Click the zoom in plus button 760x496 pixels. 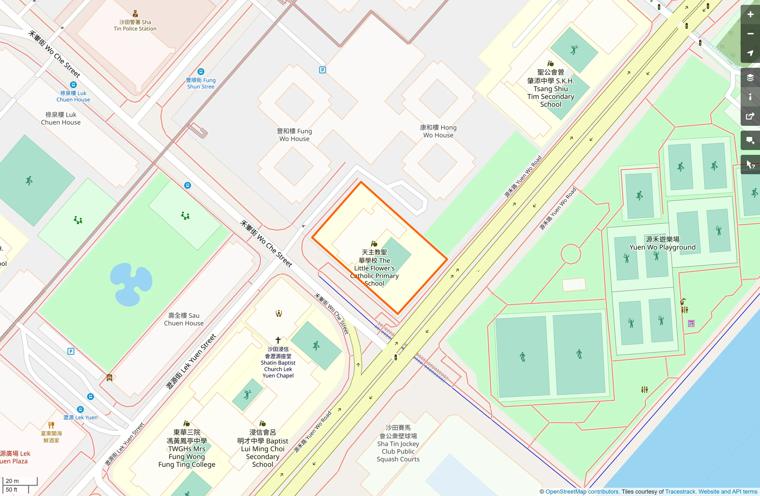[750, 15]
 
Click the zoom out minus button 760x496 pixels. [750, 34]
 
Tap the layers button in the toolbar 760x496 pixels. [750, 78]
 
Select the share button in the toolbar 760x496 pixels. [750, 117]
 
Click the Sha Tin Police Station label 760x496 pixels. [135, 25]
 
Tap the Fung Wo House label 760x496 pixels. [294, 135]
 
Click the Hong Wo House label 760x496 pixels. [438, 131]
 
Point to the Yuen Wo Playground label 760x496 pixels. [662, 243]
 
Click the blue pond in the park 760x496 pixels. [131, 284]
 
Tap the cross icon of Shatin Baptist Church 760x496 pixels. [278, 340]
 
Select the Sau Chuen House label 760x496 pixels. [184, 319]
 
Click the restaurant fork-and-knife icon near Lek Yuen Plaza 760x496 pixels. [51, 425]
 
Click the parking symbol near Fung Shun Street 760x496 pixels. [322, 70]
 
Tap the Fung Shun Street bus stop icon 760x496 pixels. [200, 72]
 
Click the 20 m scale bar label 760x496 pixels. [13, 481]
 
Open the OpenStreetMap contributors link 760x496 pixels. [582, 492]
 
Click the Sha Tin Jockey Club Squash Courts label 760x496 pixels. [398, 443]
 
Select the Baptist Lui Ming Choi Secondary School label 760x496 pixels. [263, 448]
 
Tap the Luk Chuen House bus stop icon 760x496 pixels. [73, 85]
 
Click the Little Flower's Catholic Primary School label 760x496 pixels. [374, 268]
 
